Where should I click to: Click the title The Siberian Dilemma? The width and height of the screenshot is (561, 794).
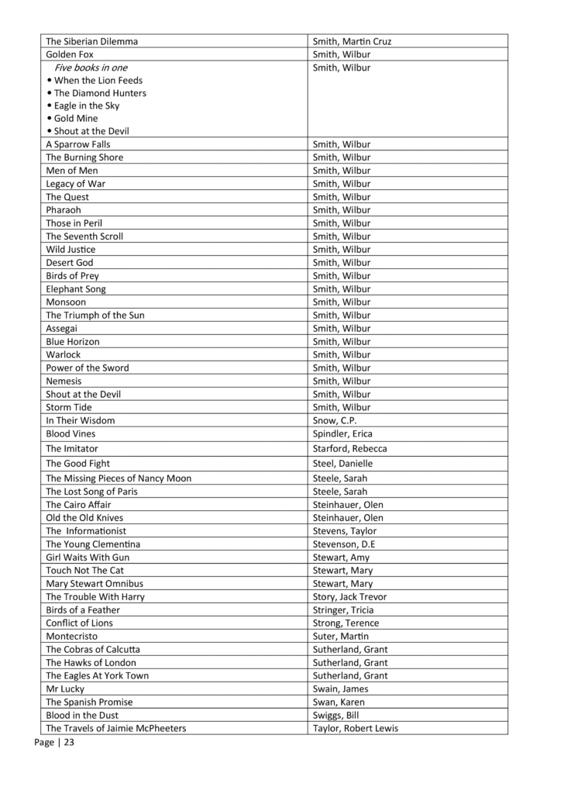(x=92, y=41)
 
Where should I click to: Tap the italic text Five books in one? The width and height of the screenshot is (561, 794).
(x=91, y=67)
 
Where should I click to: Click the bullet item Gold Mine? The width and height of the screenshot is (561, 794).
(x=76, y=119)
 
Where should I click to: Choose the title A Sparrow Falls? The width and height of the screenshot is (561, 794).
(x=78, y=144)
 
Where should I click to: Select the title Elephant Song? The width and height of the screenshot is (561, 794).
(x=76, y=289)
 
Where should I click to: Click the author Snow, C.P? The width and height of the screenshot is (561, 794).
(x=335, y=420)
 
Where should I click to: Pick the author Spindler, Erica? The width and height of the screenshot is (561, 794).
(x=342, y=433)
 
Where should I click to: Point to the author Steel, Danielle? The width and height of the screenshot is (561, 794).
(x=342, y=464)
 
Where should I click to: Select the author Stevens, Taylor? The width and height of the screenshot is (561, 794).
(x=344, y=531)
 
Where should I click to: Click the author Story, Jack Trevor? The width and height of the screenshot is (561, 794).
(x=349, y=597)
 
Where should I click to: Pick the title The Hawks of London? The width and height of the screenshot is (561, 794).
(x=91, y=663)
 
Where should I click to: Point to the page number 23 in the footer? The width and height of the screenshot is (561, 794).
(x=69, y=743)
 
